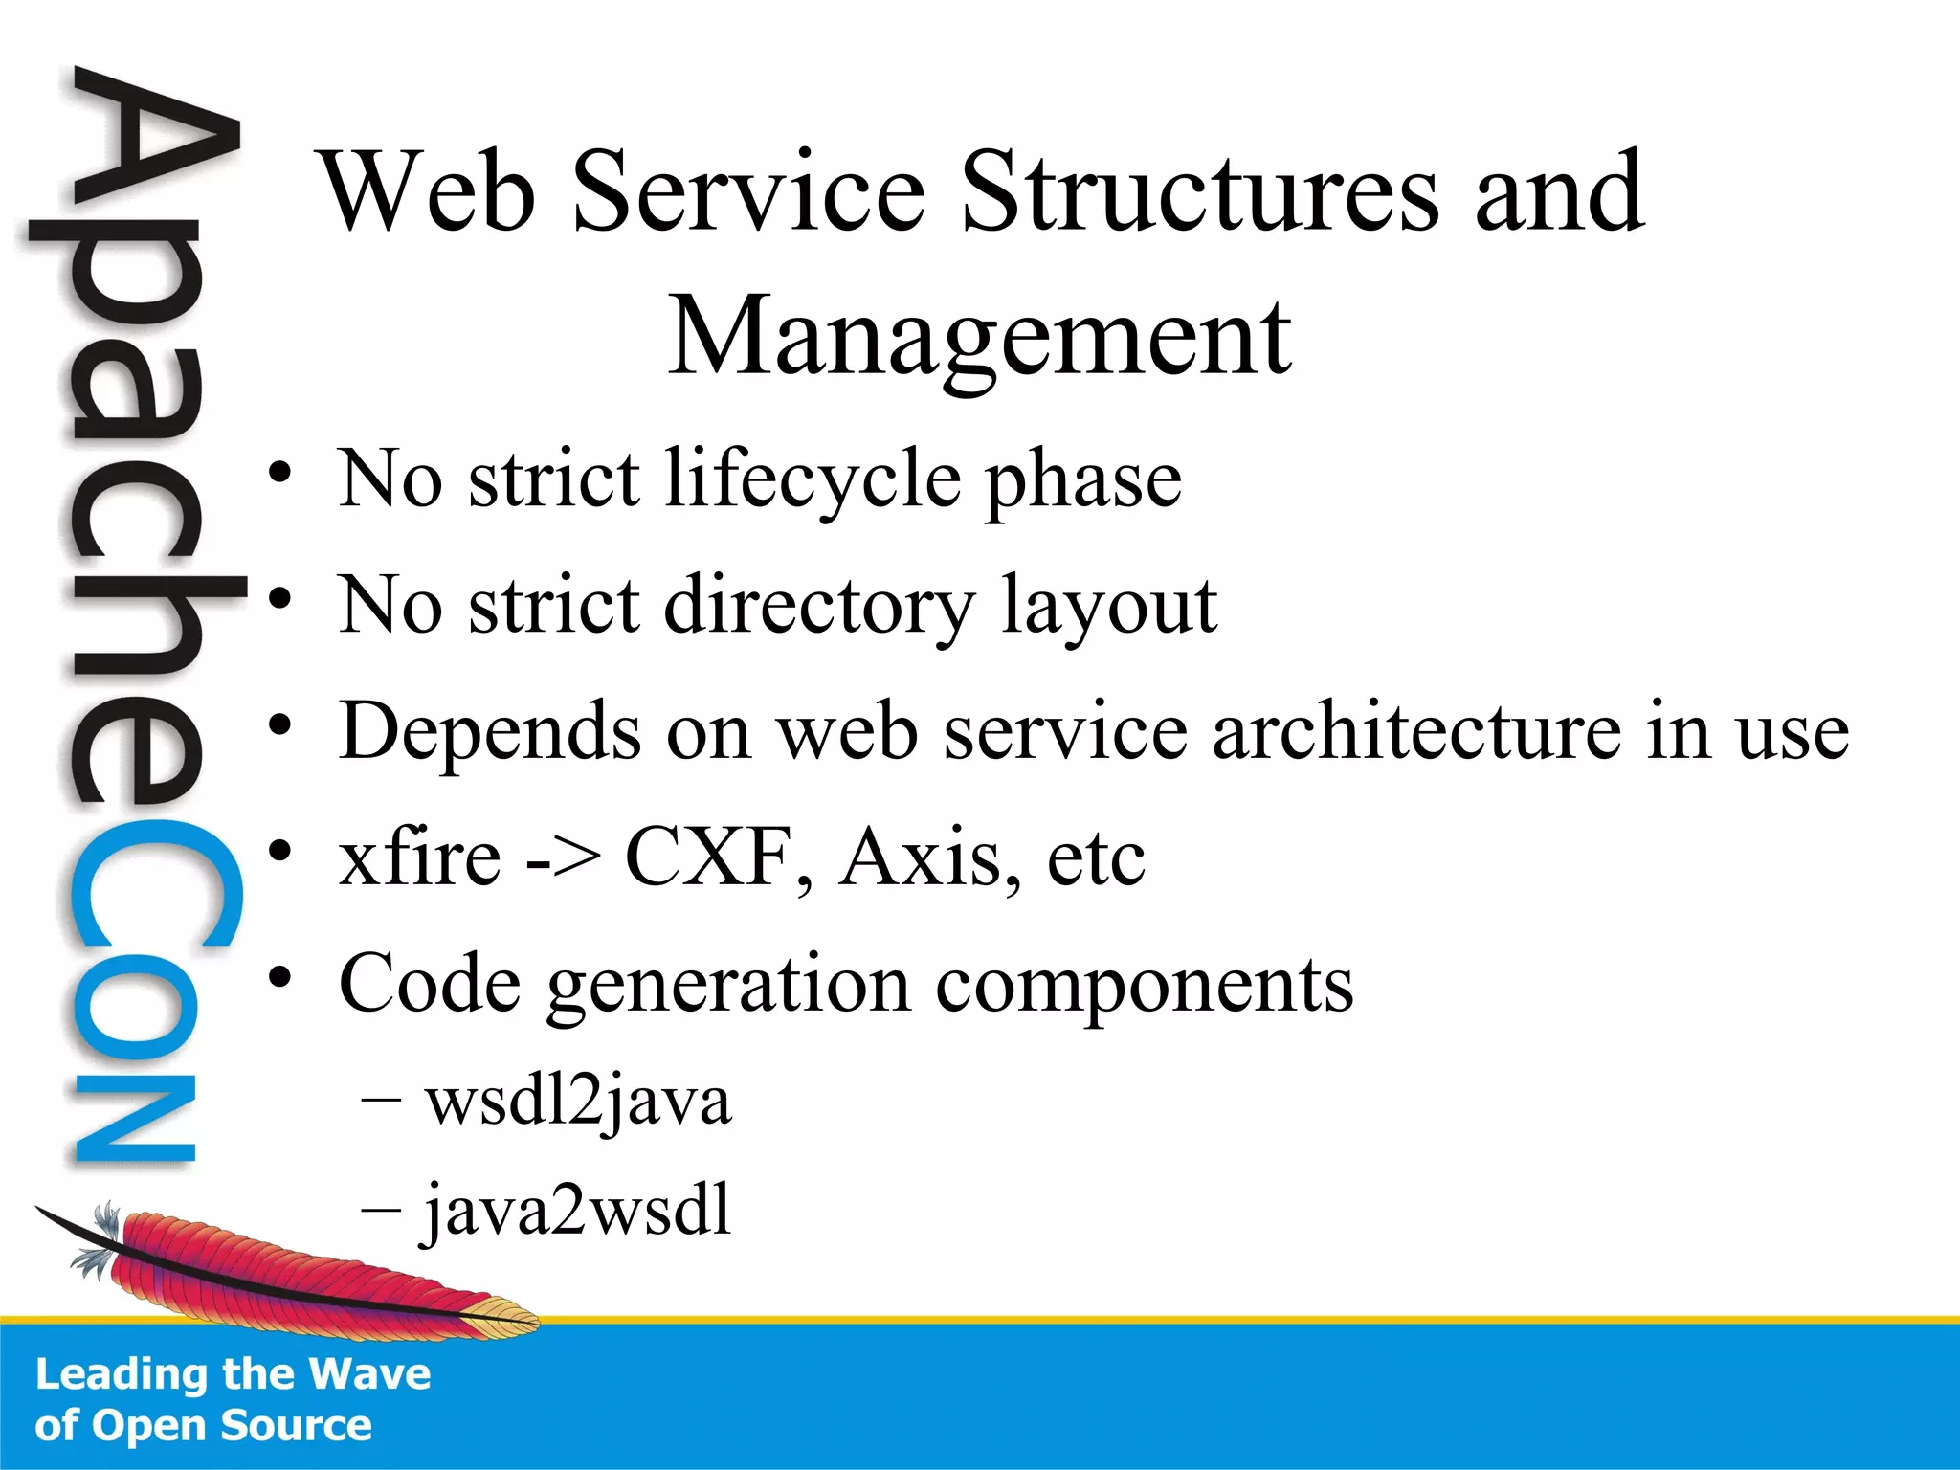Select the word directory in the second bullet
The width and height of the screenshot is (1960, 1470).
click(x=819, y=606)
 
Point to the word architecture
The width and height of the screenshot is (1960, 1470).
click(x=1416, y=731)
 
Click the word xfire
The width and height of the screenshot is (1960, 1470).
click(x=420, y=857)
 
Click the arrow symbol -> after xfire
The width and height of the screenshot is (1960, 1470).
click(x=565, y=859)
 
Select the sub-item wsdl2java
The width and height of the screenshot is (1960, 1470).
click(x=578, y=1102)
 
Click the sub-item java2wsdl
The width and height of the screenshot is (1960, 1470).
click(x=578, y=1211)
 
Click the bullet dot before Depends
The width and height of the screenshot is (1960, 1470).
click(x=279, y=727)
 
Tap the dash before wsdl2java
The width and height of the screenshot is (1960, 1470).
click(x=381, y=1102)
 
